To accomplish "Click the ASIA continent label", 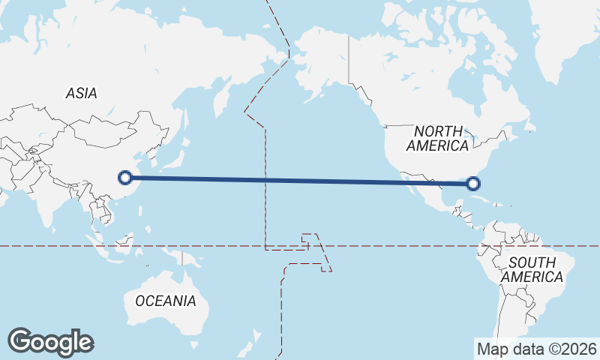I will tap(81, 94).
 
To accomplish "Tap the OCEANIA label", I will tap(166, 301).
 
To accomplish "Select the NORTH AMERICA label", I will tap(442, 138).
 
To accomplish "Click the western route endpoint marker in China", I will tap(126, 178).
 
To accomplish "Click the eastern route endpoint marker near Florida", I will tap(473, 183).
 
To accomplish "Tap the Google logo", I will tap(50, 342).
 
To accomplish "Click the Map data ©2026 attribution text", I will tap(537, 349).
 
